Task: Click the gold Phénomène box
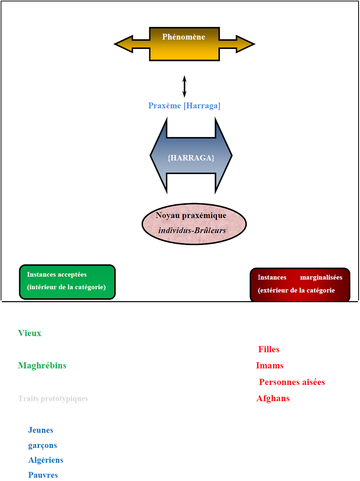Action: point(184,44)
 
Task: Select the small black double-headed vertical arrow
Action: point(184,86)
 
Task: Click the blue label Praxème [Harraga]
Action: point(184,106)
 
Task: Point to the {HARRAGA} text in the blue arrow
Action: point(191,157)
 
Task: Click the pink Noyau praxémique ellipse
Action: point(194,223)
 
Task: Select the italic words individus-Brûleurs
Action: point(192,231)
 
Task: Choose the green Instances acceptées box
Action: point(67,282)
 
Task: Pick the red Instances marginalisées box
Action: point(300,284)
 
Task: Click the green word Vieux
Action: point(30,333)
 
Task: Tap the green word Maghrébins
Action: point(42,366)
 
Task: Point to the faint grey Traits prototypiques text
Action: point(53,399)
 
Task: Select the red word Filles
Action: point(269,350)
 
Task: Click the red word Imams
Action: point(270,366)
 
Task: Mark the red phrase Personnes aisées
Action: point(292,382)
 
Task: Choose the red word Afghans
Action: point(273,399)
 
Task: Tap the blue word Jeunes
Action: point(41,430)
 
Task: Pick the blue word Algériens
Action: point(46,460)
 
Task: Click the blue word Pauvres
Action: point(43,475)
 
